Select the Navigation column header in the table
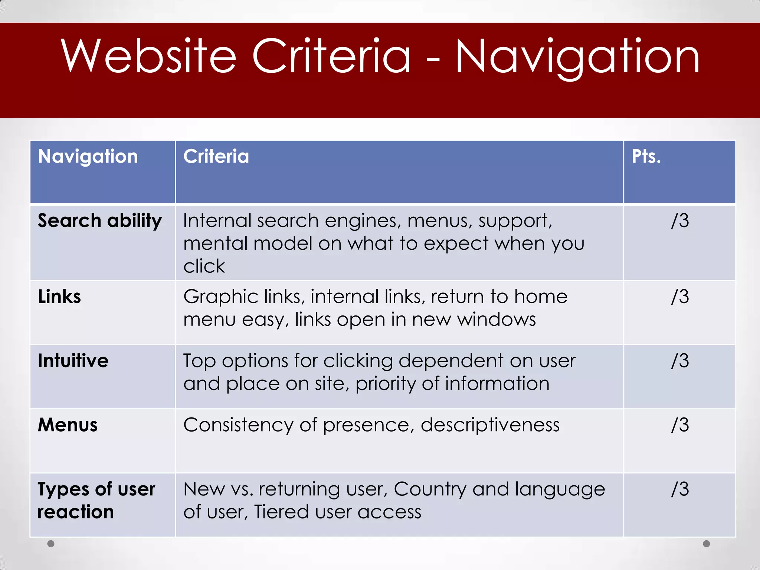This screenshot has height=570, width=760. (88, 157)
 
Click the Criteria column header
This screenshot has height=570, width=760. (216, 157)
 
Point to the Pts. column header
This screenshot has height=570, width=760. (646, 157)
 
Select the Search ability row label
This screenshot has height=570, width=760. (100, 221)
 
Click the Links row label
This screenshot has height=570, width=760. (59, 297)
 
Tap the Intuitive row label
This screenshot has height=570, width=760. (73, 361)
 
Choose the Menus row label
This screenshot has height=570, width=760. (68, 425)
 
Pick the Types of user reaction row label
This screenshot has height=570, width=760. (96, 500)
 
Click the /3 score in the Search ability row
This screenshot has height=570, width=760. (680, 221)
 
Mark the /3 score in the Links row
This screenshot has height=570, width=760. (680, 297)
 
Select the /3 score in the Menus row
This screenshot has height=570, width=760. (680, 425)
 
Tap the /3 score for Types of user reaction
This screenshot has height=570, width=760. (680, 489)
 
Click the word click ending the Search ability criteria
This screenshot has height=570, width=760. (204, 266)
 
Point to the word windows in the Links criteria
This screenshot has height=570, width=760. (496, 320)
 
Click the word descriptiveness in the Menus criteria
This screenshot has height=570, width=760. (490, 425)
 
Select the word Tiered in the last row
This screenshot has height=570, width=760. (281, 512)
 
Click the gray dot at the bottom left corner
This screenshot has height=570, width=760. (51, 544)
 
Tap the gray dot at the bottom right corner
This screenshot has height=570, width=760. (707, 544)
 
